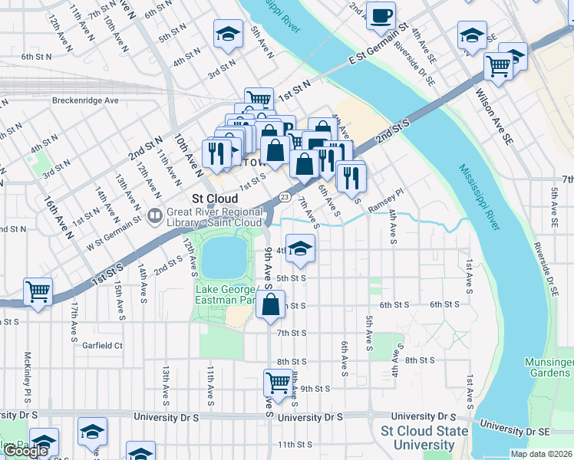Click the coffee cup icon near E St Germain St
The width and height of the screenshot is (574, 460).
(381, 15)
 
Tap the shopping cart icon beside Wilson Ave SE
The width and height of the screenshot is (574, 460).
(499, 67)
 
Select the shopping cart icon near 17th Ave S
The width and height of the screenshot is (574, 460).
(38, 291)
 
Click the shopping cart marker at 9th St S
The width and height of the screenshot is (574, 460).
(278, 383)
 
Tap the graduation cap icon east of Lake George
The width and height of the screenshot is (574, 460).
(301, 248)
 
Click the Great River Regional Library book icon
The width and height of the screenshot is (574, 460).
(156, 217)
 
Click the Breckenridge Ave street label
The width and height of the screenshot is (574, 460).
(85, 100)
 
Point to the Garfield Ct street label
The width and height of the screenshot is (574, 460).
(103, 346)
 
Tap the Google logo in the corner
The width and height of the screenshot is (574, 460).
(25, 451)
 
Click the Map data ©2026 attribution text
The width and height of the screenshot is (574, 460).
(541, 454)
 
